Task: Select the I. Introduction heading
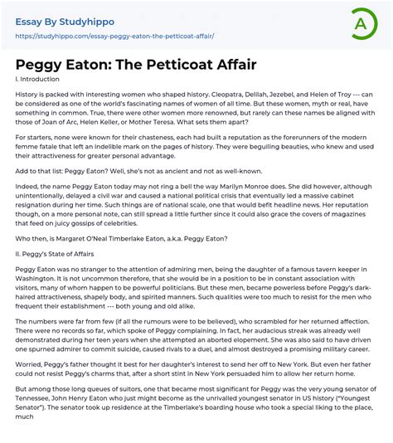38,80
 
